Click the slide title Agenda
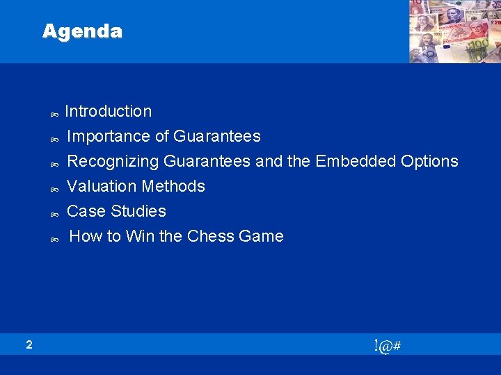click(82, 31)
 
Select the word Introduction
click(108, 111)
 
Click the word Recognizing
click(113, 161)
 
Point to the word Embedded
click(356, 161)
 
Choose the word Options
click(429, 161)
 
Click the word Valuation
click(102, 186)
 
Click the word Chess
click(209, 236)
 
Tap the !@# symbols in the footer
click(386, 345)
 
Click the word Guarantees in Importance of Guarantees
click(217, 136)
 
